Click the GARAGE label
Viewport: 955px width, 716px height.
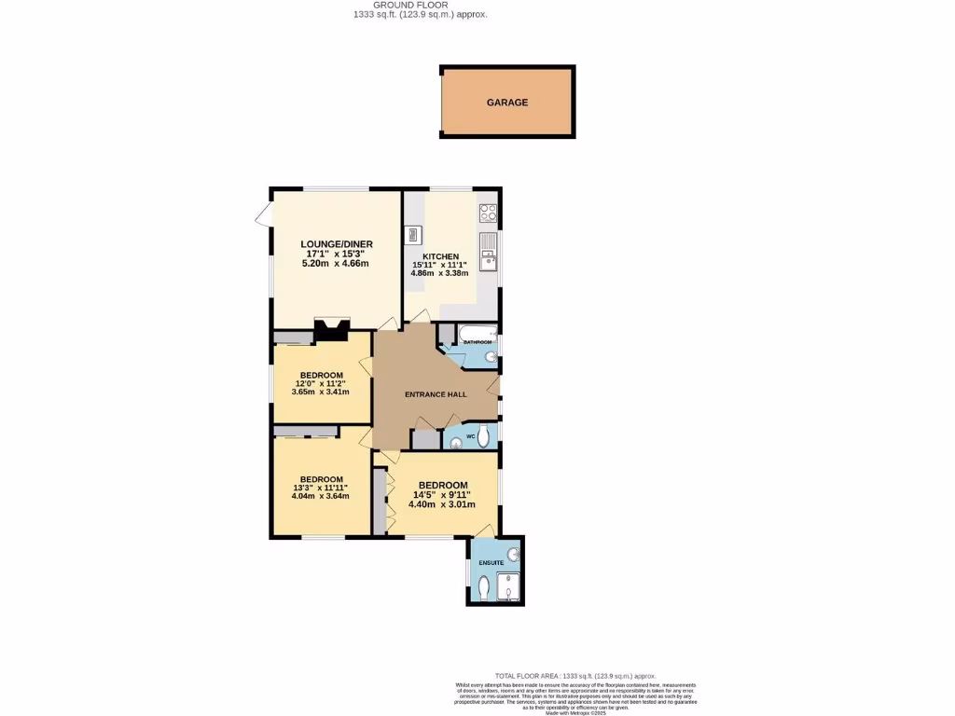click(507, 103)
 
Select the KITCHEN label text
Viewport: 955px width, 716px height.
click(441, 256)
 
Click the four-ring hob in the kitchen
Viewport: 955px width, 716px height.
click(488, 212)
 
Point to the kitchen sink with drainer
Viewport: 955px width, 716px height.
click(488, 251)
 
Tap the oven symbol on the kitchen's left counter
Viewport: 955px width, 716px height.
click(413, 234)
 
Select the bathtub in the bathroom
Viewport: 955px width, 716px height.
click(477, 334)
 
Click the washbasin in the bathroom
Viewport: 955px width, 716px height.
click(491, 356)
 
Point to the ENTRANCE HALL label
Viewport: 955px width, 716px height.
click(436, 394)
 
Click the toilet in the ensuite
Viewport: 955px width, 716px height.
click(482, 589)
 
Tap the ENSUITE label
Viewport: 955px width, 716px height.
click(491, 563)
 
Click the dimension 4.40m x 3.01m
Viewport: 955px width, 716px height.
click(442, 504)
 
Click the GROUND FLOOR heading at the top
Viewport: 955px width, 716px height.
click(417, 5)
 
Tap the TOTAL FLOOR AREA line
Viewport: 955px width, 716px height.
click(575, 676)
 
